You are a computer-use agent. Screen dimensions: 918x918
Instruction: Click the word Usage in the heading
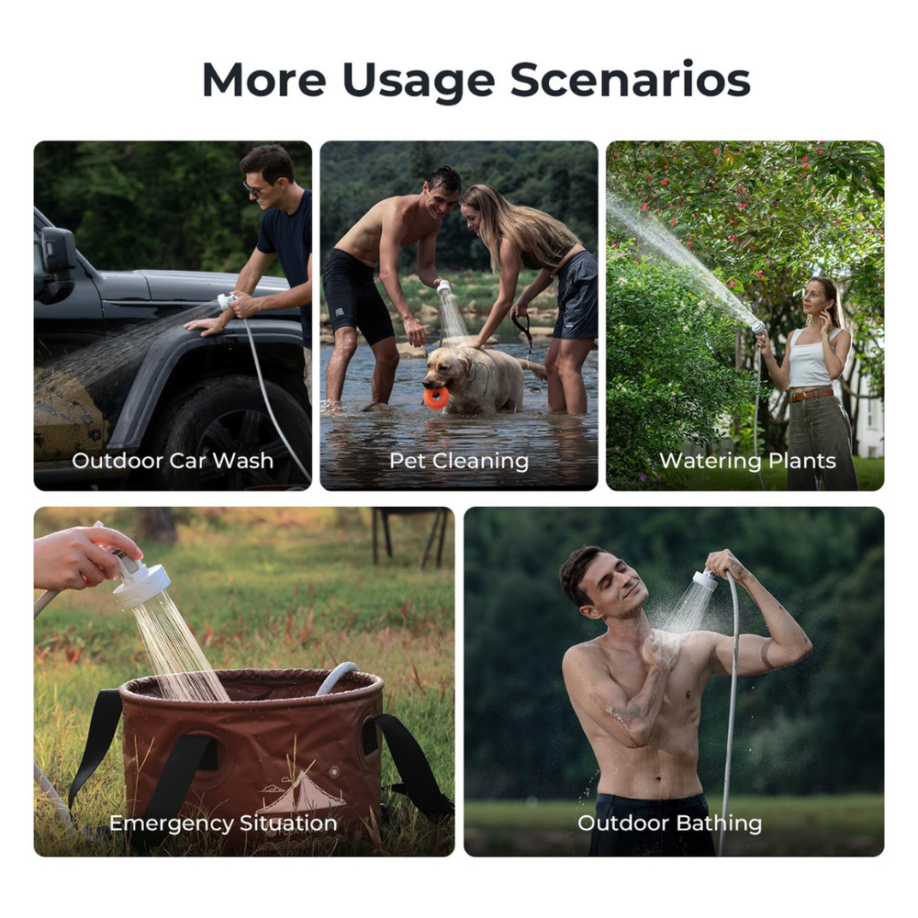(x=418, y=80)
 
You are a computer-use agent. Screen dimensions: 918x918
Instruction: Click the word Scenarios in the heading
(x=630, y=80)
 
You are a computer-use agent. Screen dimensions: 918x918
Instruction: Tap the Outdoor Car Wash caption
(x=173, y=460)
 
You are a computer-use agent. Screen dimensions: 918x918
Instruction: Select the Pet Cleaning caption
(x=459, y=460)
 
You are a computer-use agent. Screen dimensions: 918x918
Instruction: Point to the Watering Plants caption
(x=747, y=460)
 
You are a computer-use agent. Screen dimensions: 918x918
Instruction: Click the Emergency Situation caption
(x=223, y=823)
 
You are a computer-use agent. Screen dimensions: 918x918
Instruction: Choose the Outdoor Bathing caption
(x=669, y=823)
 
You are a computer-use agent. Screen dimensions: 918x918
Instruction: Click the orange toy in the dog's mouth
(x=438, y=397)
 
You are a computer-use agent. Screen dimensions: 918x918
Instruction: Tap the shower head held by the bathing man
(x=705, y=579)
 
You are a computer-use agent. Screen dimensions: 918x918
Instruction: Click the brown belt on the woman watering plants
(x=812, y=395)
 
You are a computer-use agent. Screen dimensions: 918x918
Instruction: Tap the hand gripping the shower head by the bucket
(x=87, y=554)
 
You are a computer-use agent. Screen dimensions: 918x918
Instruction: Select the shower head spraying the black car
(x=225, y=300)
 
